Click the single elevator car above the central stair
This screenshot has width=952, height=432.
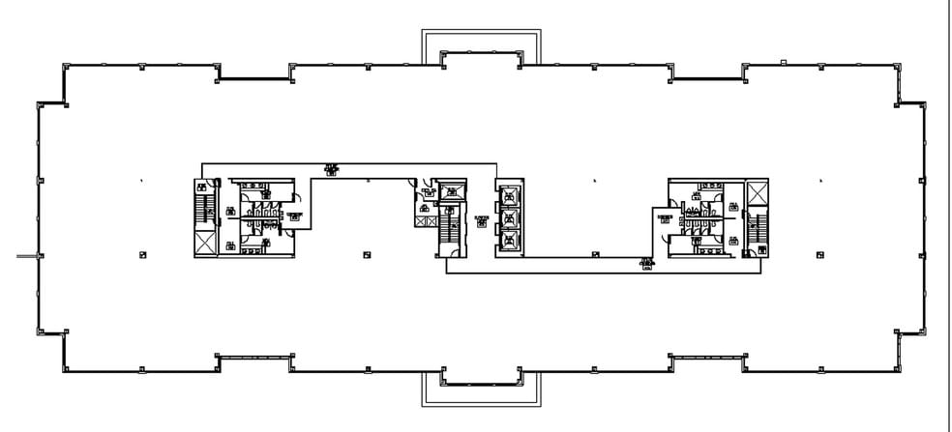point(450,192)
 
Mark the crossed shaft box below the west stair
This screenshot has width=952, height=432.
point(205,245)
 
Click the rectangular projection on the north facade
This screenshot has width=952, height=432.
point(482,44)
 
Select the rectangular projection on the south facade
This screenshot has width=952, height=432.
point(482,389)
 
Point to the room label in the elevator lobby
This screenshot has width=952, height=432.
point(481,220)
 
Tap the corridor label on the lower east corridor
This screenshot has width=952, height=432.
point(645,264)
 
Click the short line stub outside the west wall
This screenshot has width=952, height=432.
point(25,256)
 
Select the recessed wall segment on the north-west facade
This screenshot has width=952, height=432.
point(253,75)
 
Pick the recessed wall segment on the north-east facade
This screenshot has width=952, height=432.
point(707,75)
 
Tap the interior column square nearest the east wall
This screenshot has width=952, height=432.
point(821,254)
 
